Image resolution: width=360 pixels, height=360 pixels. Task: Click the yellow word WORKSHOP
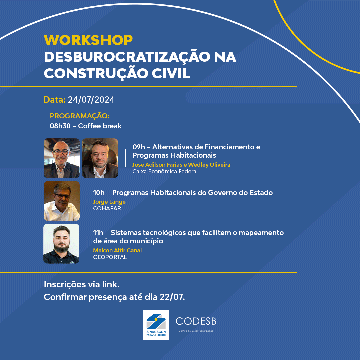[88, 40]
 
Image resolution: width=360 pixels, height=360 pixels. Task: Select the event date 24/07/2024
[91, 100]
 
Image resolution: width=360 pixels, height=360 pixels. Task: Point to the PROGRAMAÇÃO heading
[79, 116]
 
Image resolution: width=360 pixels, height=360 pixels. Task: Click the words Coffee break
[100, 126]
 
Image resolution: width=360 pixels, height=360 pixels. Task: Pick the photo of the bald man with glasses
[62, 158]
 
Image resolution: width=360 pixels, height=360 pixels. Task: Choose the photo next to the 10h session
[62, 201]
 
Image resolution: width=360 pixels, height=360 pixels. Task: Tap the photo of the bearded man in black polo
[61, 244]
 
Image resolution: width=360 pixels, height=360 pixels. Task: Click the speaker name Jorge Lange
[109, 202]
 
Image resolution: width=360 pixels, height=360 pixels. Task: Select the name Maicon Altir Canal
[117, 250]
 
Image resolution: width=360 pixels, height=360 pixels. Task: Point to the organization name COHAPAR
[107, 208]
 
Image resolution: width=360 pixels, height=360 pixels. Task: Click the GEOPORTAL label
[110, 257]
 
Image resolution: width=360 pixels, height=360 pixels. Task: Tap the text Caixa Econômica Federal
[165, 171]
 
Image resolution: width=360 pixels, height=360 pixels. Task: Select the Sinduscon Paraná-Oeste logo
[156, 325]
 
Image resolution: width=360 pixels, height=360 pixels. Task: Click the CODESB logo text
[196, 321]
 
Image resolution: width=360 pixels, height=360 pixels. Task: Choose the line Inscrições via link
[82, 285]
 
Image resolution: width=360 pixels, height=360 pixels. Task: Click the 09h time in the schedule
[138, 147]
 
